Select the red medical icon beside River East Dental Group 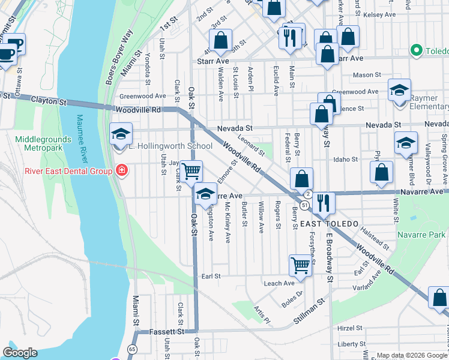122,171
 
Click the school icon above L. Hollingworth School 121,133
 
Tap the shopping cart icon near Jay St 191,172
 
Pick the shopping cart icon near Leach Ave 301,265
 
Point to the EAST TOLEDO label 330,224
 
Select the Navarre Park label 421,230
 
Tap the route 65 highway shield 131,349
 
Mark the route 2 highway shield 307,194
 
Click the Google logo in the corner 20,353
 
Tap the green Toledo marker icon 415,51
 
